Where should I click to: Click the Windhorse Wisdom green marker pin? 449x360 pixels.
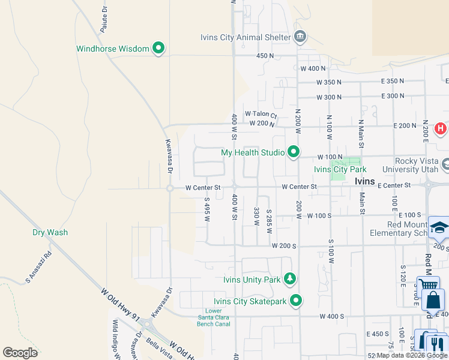[158, 48]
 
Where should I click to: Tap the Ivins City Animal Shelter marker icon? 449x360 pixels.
[300, 37]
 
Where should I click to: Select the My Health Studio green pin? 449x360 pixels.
[293, 152]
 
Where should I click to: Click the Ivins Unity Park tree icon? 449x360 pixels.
[290, 279]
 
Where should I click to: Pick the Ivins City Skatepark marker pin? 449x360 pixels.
[295, 301]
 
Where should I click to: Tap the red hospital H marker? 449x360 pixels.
[440, 128]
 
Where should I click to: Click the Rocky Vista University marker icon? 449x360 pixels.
[445, 164]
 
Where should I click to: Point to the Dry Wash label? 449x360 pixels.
[50, 232]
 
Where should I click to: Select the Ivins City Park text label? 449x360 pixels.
[340, 169]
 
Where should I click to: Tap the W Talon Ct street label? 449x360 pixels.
[261, 115]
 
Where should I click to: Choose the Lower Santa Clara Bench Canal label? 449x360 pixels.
[213, 317]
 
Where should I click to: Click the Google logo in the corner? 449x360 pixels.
[20, 353]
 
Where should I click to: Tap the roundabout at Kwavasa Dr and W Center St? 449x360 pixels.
[170, 188]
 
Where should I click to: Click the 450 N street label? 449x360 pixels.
[265, 56]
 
